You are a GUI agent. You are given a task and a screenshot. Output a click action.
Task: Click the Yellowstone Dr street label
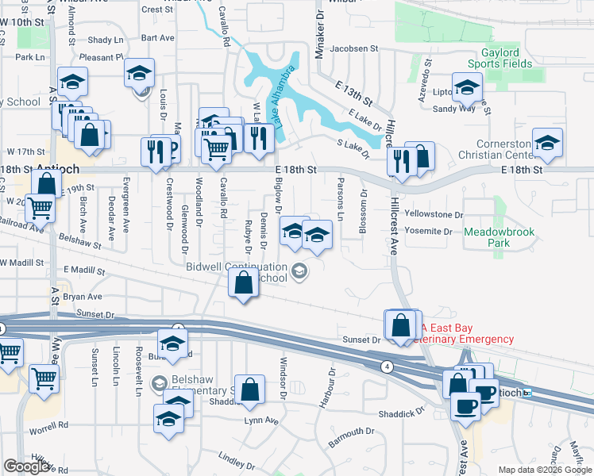coord(433,215)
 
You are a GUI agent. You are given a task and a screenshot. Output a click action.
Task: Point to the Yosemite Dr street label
coord(429,232)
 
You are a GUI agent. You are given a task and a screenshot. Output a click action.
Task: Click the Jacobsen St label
coord(355,48)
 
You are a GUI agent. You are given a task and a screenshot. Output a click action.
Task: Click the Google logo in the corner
coord(27,466)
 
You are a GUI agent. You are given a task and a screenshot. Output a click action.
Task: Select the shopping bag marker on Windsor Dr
coord(249,390)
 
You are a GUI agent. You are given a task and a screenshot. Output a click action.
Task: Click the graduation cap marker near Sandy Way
coord(466,88)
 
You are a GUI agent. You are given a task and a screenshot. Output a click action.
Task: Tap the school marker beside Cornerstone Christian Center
coord(547,143)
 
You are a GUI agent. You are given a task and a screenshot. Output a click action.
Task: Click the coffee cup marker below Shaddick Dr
coord(465,405)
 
